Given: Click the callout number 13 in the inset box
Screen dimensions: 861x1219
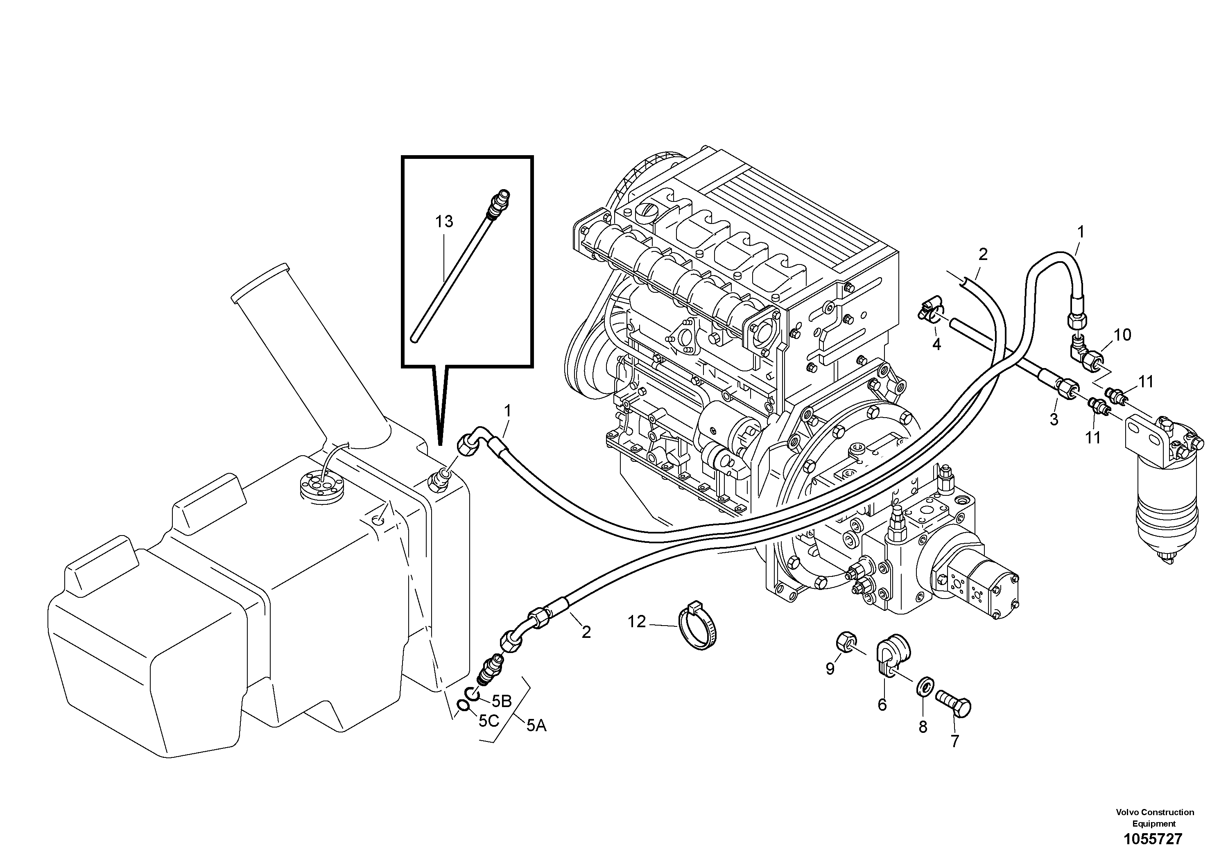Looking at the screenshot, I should (x=444, y=222).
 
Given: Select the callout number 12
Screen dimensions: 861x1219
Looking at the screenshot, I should (x=637, y=621).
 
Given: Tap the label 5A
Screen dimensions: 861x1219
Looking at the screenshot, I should (x=536, y=725).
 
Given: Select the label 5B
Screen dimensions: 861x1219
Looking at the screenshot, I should (x=501, y=701).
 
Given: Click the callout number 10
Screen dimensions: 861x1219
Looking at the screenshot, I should (x=1122, y=335).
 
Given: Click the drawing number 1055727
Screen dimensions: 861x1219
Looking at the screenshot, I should (x=1153, y=839).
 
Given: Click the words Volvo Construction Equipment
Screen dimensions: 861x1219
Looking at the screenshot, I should (x=1154, y=818).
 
